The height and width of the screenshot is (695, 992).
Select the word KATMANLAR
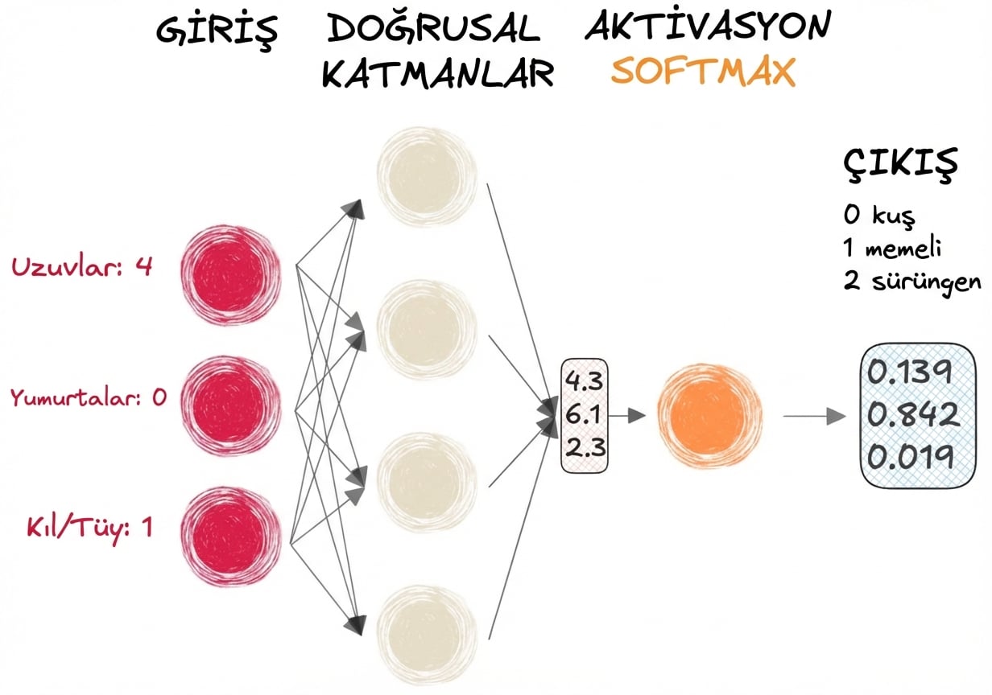pos(438,74)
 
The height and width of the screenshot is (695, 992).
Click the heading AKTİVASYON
pos(706,28)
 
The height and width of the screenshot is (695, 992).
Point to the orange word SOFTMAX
pos(703,72)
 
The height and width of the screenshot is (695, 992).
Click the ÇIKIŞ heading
pos(900,164)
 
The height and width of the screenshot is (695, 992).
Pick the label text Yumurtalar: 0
pos(88,397)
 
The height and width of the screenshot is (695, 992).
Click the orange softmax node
pos(708,415)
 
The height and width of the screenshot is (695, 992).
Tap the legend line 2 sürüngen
pos(912,282)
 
